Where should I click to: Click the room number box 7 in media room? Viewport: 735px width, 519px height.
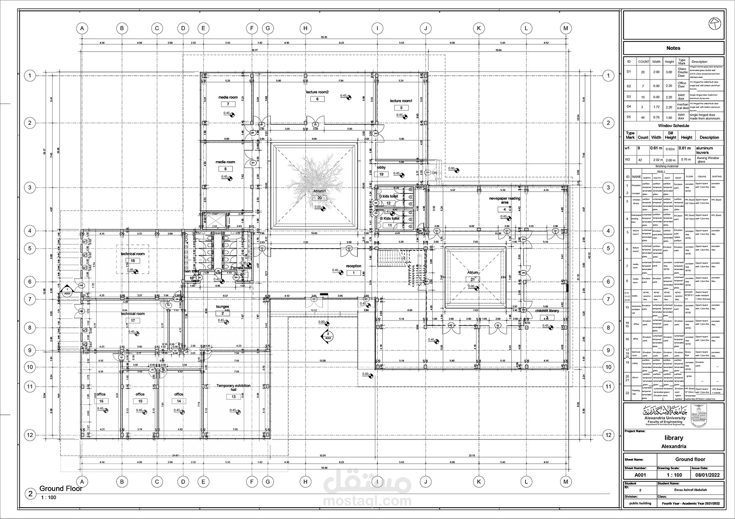click(x=228, y=104)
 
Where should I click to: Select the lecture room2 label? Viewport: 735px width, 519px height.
click(x=317, y=92)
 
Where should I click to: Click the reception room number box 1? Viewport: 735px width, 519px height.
click(x=353, y=273)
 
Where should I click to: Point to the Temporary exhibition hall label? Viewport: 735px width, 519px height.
click(x=233, y=388)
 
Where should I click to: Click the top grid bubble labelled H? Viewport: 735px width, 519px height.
click(x=305, y=28)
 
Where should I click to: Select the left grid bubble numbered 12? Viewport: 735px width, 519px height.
click(x=30, y=435)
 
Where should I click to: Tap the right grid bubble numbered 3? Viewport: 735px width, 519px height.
click(x=608, y=188)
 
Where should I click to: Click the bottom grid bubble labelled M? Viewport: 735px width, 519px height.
click(x=566, y=482)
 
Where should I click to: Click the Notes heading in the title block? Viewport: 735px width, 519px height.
click(x=673, y=48)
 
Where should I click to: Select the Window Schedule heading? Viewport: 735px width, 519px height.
click(x=673, y=126)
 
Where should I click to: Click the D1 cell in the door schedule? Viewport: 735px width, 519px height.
click(x=629, y=72)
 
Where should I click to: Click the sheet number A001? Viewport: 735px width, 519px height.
click(x=640, y=475)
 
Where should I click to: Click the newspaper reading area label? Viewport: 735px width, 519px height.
click(x=505, y=200)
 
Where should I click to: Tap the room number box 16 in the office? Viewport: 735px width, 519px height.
click(x=101, y=401)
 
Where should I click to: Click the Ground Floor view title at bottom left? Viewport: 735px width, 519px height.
click(x=61, y=488)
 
